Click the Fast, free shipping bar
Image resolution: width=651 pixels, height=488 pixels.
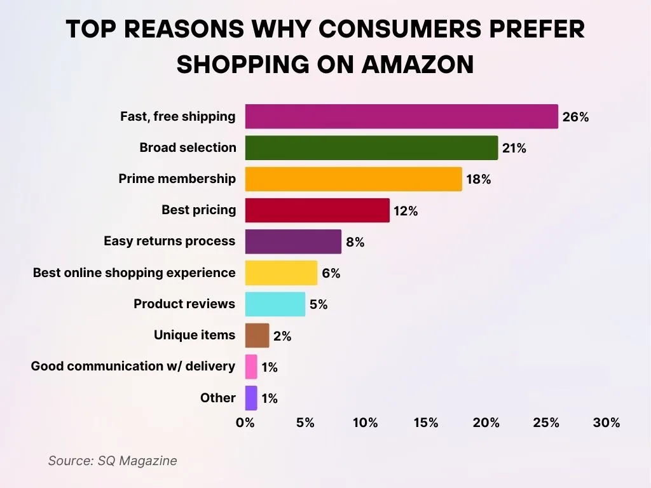pos(401,117)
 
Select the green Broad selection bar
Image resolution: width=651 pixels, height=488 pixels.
pos(371,148)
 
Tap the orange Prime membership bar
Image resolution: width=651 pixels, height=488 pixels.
pos(353,179)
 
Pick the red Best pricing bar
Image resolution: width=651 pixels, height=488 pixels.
pos(317,210)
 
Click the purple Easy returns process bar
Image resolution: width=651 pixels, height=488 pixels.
pos(293,241)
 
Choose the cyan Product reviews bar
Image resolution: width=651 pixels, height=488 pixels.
pos(275,304)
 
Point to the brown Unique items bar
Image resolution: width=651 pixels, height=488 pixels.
pos(257,335)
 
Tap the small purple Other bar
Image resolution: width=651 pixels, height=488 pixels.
pos(251,398)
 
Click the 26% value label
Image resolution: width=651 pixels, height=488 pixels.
pos(575,117)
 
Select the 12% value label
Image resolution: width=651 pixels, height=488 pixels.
pos(406,211)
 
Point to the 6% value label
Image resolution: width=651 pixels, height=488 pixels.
pos(331,273)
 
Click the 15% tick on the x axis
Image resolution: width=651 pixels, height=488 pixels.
pos(425,423)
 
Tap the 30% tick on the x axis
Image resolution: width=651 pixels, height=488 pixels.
pos(606,423)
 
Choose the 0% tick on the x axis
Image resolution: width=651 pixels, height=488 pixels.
pos(245,423)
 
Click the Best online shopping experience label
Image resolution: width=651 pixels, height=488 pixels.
pos(134,273)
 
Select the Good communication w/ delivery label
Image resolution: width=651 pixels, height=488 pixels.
pos(133,366)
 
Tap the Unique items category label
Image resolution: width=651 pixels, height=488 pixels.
pos(195,335)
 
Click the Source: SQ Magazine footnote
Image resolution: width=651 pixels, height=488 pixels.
pos(113,461)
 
